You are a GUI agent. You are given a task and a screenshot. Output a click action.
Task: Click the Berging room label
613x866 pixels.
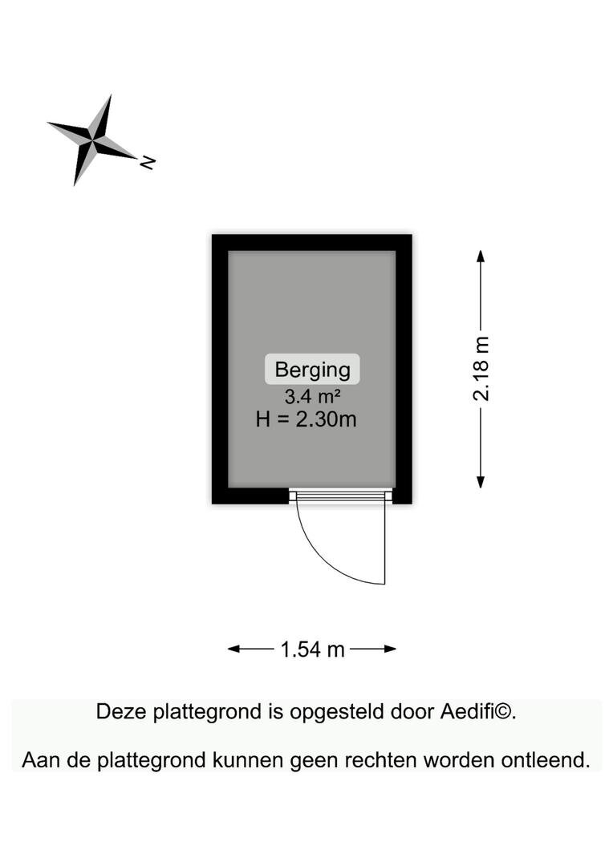pos(312,370)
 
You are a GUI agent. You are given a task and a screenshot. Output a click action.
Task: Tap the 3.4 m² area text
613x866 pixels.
pos(312,396)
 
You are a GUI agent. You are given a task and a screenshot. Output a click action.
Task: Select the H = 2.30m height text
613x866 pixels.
pos(306,419)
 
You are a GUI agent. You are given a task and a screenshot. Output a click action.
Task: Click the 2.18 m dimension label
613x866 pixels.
pos(481,368)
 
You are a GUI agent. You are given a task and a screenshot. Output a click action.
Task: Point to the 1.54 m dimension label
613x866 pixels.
pos(312,649)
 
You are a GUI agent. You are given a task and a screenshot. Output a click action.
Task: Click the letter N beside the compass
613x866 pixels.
pos(148,162)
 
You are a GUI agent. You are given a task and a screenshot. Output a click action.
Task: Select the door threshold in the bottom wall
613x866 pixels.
pos(340,496)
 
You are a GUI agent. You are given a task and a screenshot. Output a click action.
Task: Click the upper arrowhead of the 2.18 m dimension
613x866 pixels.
pos(481,256)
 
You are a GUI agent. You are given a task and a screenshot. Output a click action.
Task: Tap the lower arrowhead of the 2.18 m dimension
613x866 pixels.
pos(481,482)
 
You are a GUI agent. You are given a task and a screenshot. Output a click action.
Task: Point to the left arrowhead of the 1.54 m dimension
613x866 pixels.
pos(233,649)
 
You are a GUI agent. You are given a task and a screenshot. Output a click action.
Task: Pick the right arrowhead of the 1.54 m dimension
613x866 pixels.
pos(390,649)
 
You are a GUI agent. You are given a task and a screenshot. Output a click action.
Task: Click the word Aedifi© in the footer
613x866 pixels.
pos(478,711)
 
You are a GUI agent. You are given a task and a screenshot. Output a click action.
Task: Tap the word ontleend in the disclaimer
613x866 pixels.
pos(546,760)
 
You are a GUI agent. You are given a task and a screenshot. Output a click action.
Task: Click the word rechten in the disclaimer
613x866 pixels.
pos(381,760)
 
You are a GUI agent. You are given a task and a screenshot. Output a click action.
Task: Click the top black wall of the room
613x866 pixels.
pos(312,242)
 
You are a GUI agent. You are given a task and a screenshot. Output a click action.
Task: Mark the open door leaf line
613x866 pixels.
pos(384,540)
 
